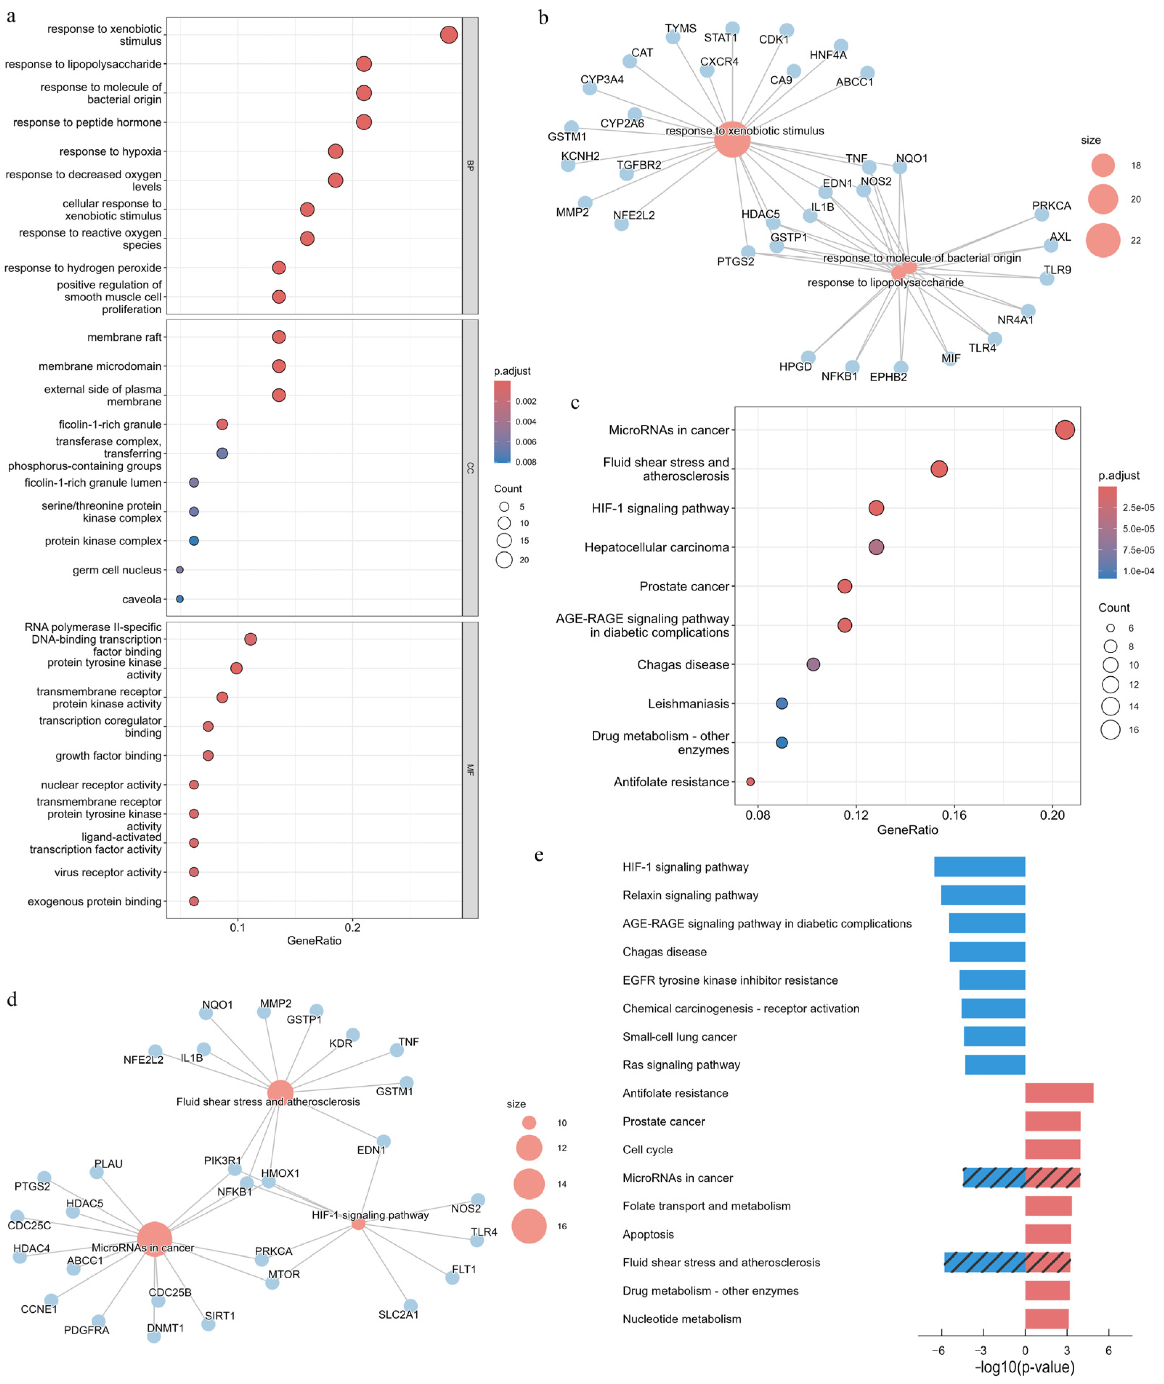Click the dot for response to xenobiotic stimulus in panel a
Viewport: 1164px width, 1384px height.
[x=449, y=34]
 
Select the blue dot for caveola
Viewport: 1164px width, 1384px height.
[x=179, y=599]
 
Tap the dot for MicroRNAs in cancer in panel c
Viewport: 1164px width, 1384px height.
[x=1064, y=430]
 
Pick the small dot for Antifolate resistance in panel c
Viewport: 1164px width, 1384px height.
[x=750, y=782]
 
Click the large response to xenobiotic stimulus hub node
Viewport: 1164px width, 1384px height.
[x=733, y=139]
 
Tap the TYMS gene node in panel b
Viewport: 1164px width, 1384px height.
[x=673, y=37]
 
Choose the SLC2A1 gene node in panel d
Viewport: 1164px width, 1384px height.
[x=410, y=1306]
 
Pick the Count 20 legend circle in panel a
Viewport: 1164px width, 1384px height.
[x=504, y=560]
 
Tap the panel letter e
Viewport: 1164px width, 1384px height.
[x=539, y=856]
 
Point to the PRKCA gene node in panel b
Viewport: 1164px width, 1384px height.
[x=1041, y=214]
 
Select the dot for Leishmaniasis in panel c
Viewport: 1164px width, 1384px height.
[x=782, y=704]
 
